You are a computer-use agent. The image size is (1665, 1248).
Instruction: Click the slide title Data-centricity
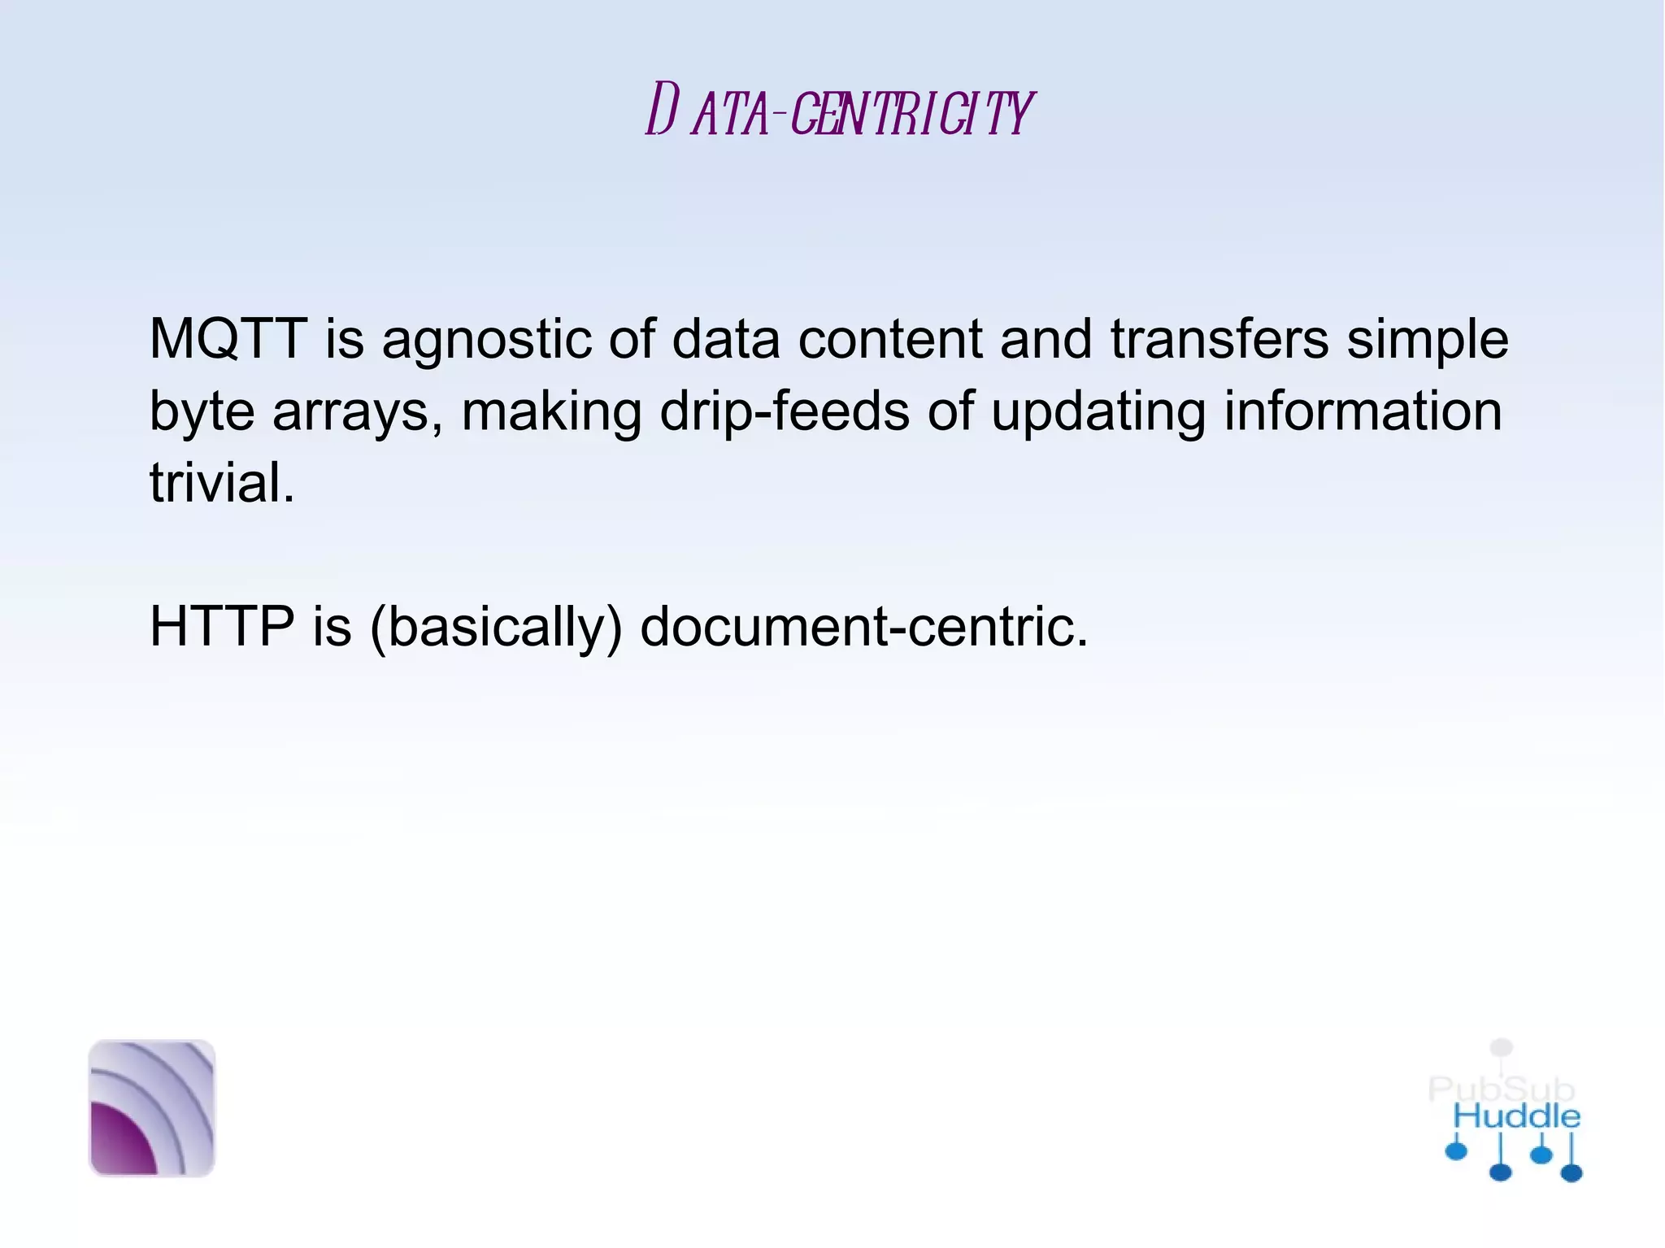[x=838, y=111]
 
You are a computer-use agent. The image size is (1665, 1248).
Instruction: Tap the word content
[x=890, y=339]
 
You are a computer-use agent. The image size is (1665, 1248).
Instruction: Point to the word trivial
[x=221, y=483]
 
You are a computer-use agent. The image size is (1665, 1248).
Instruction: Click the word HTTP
[x=222, y=627]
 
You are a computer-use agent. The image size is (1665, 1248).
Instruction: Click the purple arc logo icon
[x=152, y=1107]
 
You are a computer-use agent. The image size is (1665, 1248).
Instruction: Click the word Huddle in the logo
[x=1516, y=1116]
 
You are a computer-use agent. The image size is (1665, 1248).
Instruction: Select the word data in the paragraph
[x=725, y=339]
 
